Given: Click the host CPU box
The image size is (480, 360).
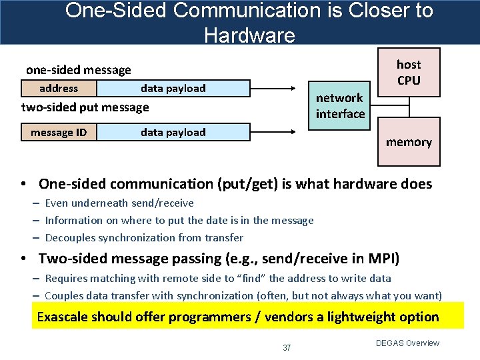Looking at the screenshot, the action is pyautogui.click(x=409, y=72).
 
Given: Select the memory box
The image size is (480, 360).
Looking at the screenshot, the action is pyautogui.click(x=409, y=141).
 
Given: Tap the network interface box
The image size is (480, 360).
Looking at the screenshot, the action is pyautogui.click(x=340, y=106).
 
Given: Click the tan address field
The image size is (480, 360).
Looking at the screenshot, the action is pyautogui.click(x=59, y=88).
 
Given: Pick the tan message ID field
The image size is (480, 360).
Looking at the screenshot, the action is pyautogui.click(x=59, y=132).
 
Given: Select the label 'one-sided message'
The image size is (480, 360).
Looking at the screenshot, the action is pyautogui.click(x=78, y=69).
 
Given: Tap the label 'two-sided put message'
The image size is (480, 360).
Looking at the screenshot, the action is pyautogui.click(x=85, y=107).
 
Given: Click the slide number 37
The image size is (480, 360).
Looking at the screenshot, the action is pyautogui.click(x=287, y=347).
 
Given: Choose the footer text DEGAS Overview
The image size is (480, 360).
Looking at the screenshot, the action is pyautogui.click(x=407, y=343).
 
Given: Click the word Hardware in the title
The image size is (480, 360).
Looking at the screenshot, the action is pyautogui.click(x=249, y=35).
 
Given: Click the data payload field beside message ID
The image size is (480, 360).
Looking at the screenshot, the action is pyautogui.click(x=173, y=132).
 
